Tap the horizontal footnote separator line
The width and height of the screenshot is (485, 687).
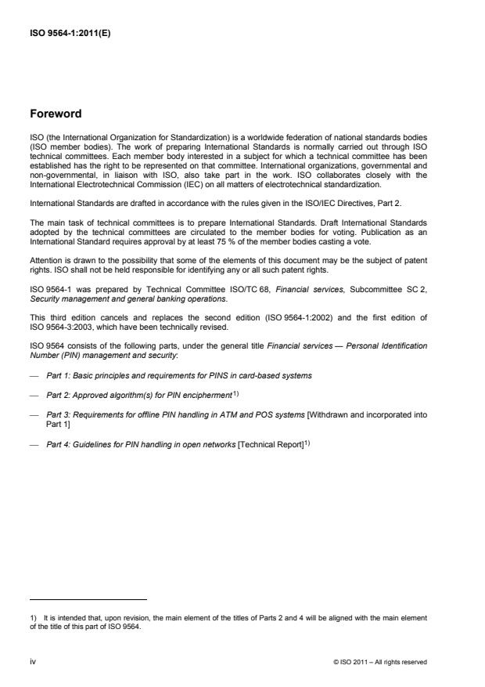88,598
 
